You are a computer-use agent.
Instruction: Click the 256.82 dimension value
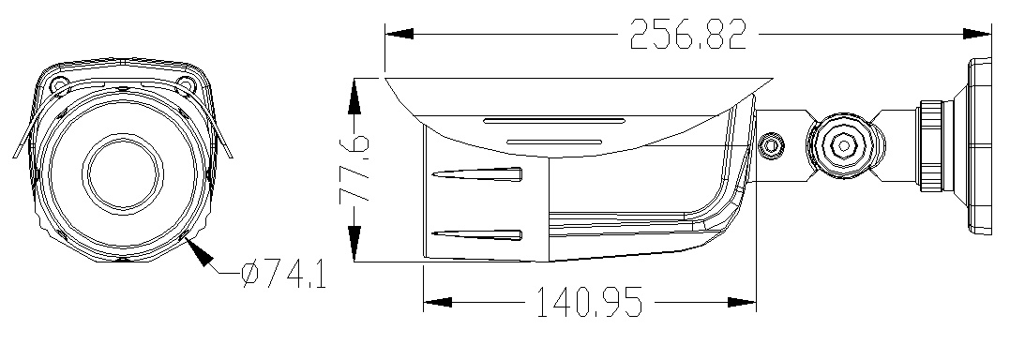pyautogui.click(x=688, y=34)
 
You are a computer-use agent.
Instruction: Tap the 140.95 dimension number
pyautogui.click(x=589, y=302)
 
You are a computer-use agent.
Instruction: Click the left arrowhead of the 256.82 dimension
pyautogui.click(x=399, y=34)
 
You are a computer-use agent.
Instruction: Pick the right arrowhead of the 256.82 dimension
pyautogui.click(x=977, y=34)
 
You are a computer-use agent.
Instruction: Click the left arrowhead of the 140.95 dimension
pyautogui.click(x=437, y=302)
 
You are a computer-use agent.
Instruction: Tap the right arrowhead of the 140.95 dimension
pyautogui.click(x=742, y=302)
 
